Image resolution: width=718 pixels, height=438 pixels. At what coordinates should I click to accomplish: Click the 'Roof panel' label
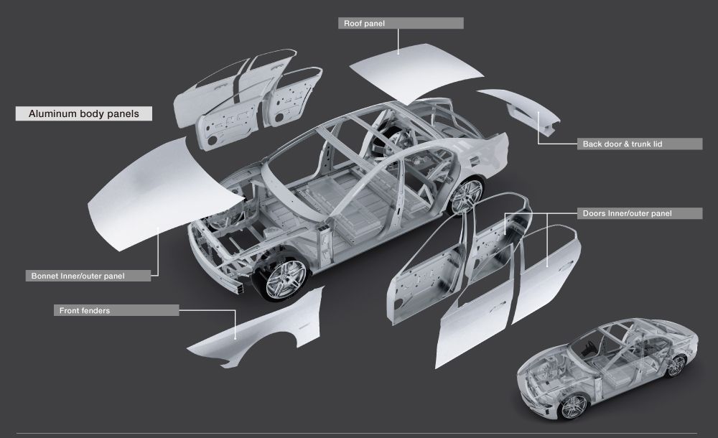pos(400,23)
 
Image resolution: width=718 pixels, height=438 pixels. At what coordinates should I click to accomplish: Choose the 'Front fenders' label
pos(116,310)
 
